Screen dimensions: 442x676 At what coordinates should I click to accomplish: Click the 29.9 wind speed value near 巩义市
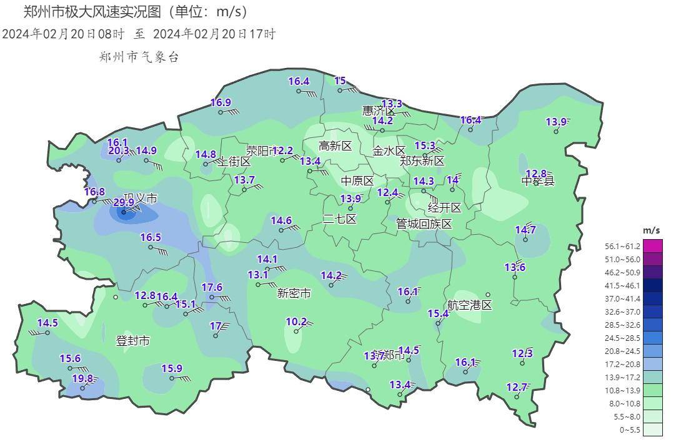[124, 202]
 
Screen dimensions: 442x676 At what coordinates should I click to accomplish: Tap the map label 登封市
[133, 341]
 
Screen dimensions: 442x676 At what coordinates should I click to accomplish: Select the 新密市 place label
[294, 293]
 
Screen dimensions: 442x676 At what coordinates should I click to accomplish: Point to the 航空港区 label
[470, 305]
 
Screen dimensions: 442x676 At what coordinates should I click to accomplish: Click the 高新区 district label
[336, 146]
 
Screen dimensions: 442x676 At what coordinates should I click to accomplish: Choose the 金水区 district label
[389, 150]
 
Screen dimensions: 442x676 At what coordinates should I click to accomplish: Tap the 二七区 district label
[339, 219]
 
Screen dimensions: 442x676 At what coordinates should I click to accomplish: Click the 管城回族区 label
[424, 224]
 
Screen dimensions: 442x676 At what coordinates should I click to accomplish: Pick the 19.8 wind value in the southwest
[82, 378]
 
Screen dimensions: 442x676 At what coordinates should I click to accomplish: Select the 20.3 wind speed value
[119, 150]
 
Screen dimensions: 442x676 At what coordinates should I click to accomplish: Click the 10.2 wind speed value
[296, 322]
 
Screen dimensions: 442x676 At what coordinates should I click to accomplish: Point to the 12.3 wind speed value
[522, 354]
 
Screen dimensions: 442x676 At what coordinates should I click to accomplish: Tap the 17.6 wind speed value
[212, 287]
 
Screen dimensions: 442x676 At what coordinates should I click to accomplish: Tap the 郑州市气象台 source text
[139, 57]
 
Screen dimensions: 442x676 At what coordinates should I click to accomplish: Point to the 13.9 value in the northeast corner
[556, 122]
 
